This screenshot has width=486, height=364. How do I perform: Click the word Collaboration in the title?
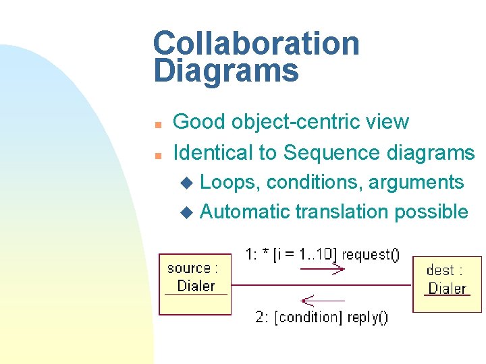click(256, 44)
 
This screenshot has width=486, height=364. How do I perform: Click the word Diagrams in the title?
click(225, 70)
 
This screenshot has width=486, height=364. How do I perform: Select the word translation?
click(342, 212)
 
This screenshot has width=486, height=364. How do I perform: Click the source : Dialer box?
click(194, 284)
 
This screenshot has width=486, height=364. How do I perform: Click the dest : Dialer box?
click(447, 284)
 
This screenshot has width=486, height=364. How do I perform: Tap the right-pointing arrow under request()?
click(322, 269)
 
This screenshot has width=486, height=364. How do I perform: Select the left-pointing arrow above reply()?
click(322, 299)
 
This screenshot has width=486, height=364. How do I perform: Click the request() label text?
click(371, 255)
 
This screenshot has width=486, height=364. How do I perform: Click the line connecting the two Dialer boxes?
click(321, 284)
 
